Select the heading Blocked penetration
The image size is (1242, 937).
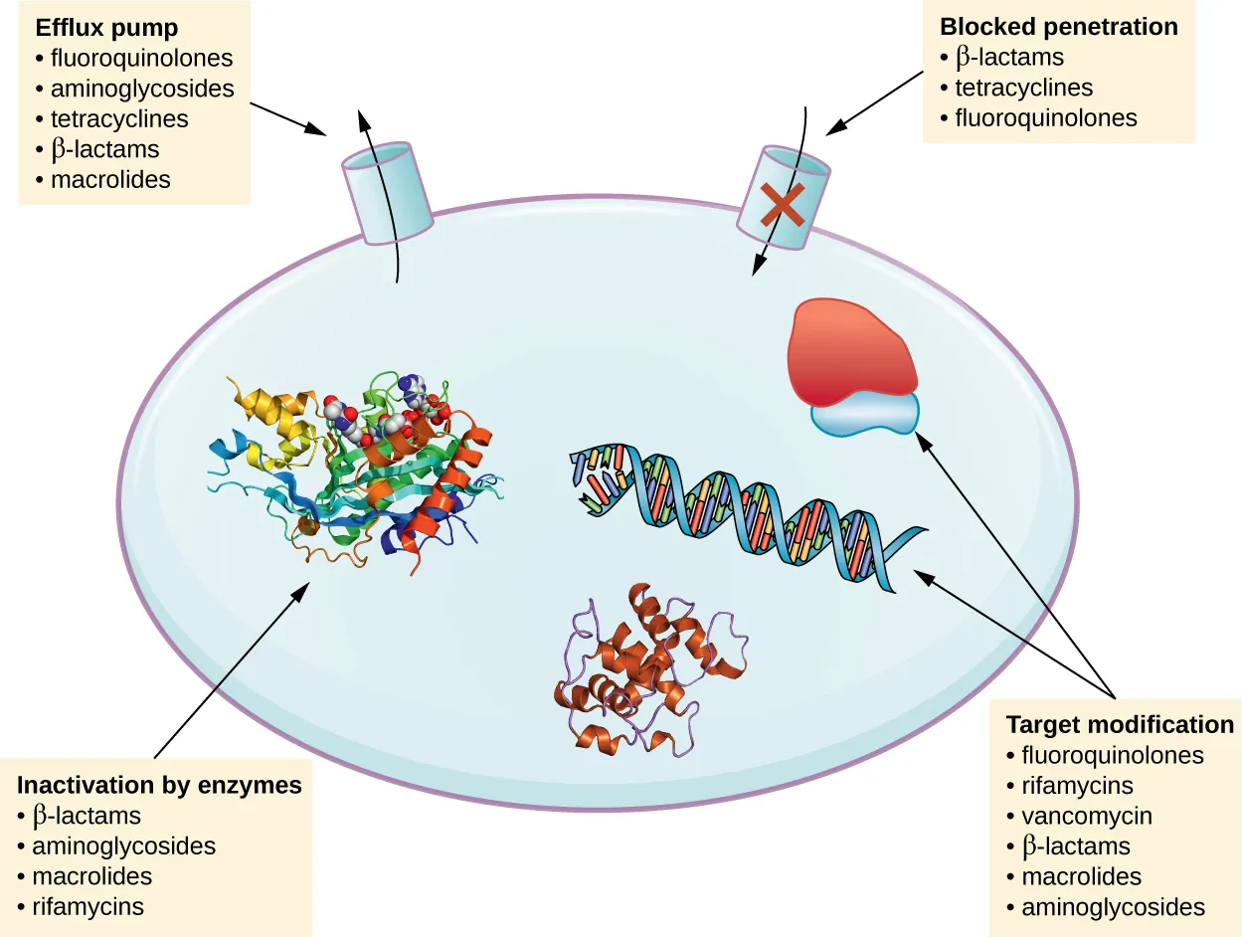click(x=1059, y=26)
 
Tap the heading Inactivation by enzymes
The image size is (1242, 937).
click(x=159, y=785)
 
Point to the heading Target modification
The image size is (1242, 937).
click(x=1120, y=724)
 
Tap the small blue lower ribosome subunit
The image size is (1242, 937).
click(x=863, y=414)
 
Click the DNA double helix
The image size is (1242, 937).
click(x=746, y=507)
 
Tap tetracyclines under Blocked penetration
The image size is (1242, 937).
click(x=1023, y=88)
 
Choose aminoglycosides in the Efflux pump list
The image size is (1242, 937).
click(x=142, y=89)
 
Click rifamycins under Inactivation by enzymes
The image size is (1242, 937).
click(x=88, y=906)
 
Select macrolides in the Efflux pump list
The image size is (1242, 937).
click(x=110, y=180)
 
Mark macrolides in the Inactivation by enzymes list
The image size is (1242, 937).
click(x=91, y=876)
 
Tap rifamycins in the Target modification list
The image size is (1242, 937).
click(x=1077, y=786)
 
